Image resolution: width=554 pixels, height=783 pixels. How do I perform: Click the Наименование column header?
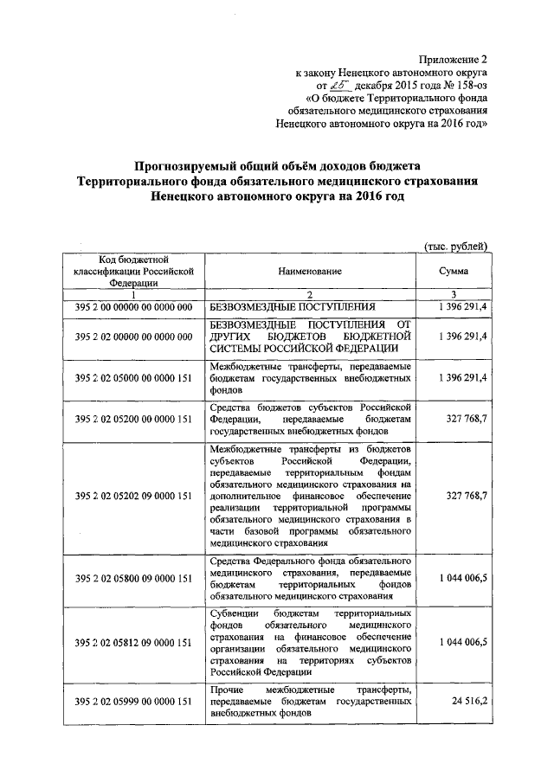pyautogui.click(x=309, y=271)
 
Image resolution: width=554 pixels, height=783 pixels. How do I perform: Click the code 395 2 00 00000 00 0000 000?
pyautogui.click(x=133, y=307)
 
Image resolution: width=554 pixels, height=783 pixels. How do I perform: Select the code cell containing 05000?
pyautogui.click(x=133, y=378)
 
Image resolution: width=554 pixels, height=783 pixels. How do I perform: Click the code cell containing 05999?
pyautogui.click(x=133, y=701)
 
